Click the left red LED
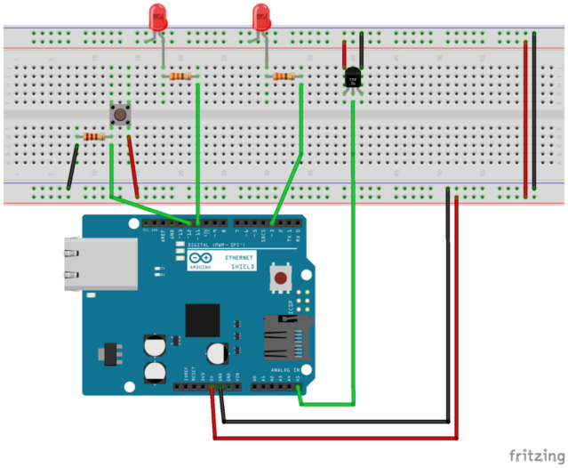click(158, 15)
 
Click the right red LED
click(260, 15)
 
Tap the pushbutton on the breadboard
click(117, 115)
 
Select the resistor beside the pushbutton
click(93, 136)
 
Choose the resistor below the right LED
click(284, 77)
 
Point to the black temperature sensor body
click(353, 80)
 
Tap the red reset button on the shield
click(282, 278)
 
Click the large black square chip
click(202, 319)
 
